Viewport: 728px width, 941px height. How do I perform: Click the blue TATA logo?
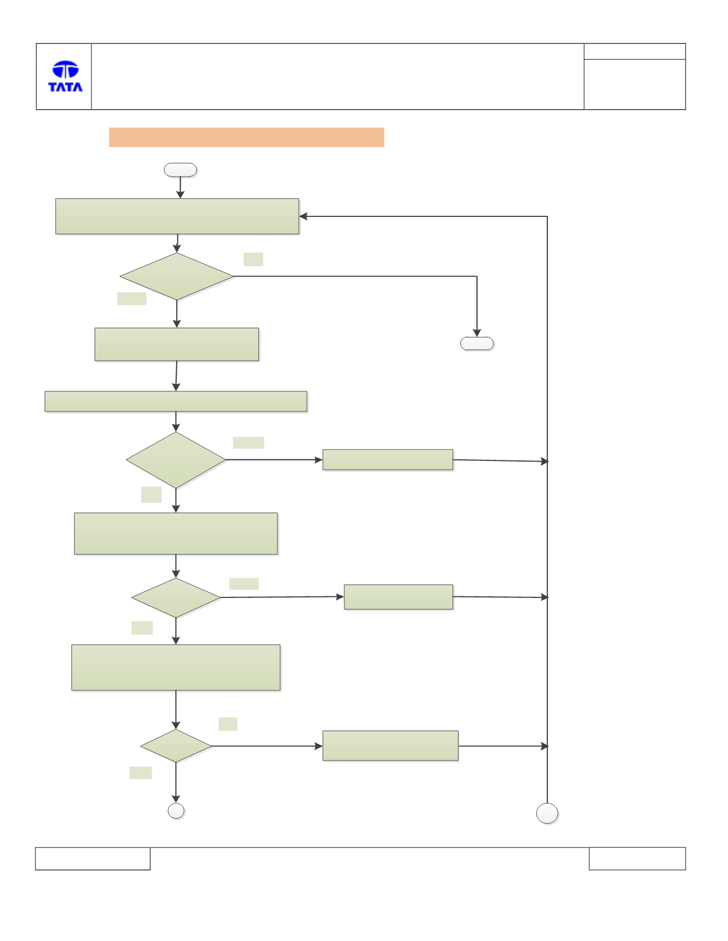(65, 76)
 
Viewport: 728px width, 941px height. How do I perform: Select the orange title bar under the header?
(246, 138)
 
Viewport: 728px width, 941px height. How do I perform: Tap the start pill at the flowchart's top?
(181, 170)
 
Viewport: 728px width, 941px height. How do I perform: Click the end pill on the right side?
(477, 344)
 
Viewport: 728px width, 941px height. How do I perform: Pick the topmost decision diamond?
(177, 276)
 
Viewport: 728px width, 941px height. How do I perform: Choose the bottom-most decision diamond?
(176, 746)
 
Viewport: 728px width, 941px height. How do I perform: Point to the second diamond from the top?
(176, 460)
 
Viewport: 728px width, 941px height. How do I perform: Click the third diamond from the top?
(176, 597)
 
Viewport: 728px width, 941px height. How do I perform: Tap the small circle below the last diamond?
(176, 811)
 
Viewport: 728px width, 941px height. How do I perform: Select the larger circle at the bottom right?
(547, 813)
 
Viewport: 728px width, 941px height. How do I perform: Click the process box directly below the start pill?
(177, 216)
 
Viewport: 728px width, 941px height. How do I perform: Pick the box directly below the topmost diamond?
(177, 344)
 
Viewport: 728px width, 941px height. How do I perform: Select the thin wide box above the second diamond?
(176, 401)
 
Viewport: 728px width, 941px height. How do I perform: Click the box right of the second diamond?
(388, 459)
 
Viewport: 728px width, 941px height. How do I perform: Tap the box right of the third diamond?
(399, 597)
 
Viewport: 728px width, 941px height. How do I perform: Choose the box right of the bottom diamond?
(391, 746)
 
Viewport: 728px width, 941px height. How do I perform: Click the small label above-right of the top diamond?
(254, 259)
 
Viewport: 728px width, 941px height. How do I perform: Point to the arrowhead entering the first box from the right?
(303, 216)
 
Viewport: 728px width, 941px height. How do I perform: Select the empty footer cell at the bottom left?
(93, 858)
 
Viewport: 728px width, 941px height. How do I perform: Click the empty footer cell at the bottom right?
(637, 858)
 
